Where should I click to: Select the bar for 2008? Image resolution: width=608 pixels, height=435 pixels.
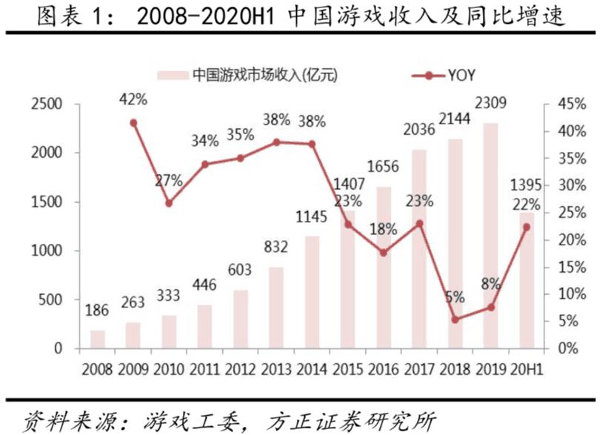[98, 339]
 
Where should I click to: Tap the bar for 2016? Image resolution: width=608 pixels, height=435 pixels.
[384, 268]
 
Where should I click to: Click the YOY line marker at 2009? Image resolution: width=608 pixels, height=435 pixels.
[133, 123]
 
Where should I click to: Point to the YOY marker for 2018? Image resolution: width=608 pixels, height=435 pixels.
[455, 319]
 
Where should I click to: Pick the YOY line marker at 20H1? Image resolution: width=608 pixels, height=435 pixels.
[527, 228]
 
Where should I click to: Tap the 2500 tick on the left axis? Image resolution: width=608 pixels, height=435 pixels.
[45, 104]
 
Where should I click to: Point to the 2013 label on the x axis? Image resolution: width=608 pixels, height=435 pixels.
[276, 368]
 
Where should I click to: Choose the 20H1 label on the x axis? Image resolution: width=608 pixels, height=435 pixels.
[527, 368]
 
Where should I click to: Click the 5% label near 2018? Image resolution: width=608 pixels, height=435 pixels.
[455, 298]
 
